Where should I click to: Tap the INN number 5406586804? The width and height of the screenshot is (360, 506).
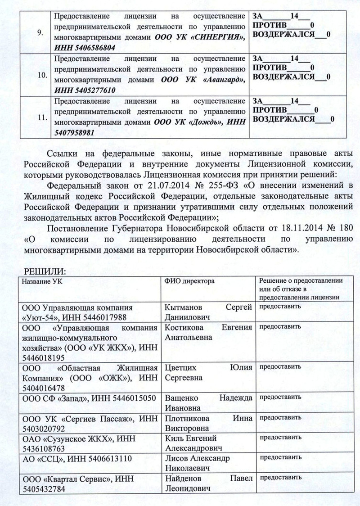pos(90,47)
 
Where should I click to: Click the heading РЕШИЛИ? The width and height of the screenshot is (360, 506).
pos(43,273)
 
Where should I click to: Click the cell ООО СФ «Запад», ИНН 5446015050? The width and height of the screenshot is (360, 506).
pos(89,398)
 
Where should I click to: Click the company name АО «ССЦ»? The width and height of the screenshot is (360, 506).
pos(44,459)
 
